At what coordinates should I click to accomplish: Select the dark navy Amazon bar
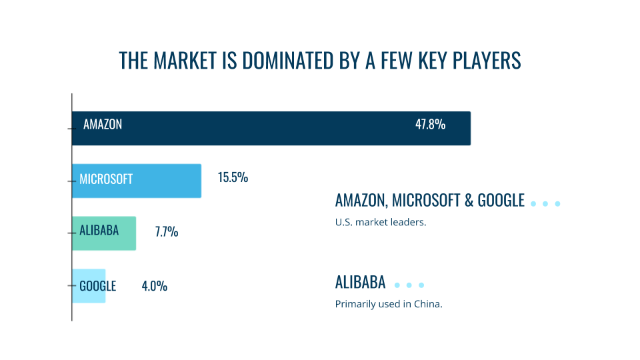(x=271, y=128)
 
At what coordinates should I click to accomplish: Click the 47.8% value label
(x=430, y=124)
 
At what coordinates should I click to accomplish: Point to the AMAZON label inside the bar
(x=103, y=124)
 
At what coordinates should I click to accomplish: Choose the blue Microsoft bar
(x=136, y=181)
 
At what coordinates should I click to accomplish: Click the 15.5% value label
(x=233, y=177)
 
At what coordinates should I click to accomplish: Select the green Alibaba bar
(x=104, y=233)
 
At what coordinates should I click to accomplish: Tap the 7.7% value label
(x=167, y=232)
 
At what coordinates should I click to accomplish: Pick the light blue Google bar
(x=89, y=286)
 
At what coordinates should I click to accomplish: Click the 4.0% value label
(x=154, y=286)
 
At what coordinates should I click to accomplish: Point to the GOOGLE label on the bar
(x=97, y=286)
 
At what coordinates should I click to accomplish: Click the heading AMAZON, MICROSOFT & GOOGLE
(x=430, y=201)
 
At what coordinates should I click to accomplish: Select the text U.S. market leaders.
(x=381, y=222)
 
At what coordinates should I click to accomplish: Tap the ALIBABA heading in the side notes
(x=360, y=282)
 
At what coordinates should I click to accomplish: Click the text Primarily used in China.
(x=389, y=304)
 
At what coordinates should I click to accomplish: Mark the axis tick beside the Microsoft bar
(x=72, y=181)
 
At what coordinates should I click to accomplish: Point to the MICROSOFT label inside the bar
(x=106, y=179)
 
